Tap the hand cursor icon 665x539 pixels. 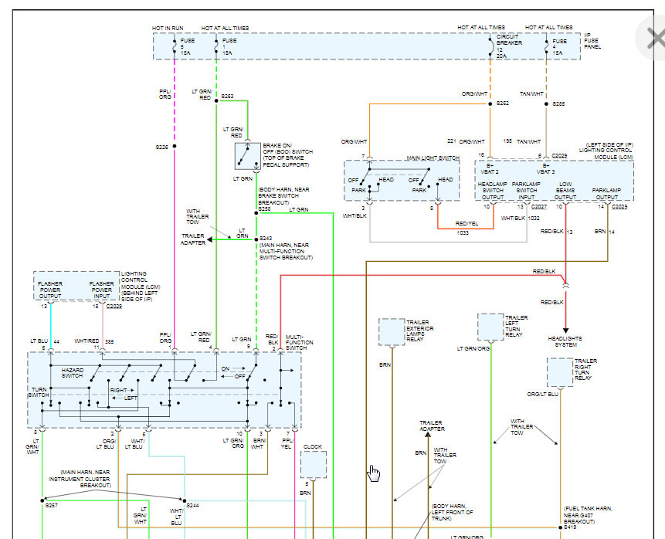coord(374,473)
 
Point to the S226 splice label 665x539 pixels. coord(161,146)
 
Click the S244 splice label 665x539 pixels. coord(193,505)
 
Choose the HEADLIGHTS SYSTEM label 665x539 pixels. coord(565,342)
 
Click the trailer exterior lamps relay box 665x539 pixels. coord(392,331)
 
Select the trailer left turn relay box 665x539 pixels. coord(490,327)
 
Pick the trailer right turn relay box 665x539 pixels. coord(560,372)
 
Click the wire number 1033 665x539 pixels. coord(462,232)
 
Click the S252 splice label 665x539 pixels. coord(503,103)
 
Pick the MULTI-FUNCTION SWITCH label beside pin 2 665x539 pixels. coord(296,341)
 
